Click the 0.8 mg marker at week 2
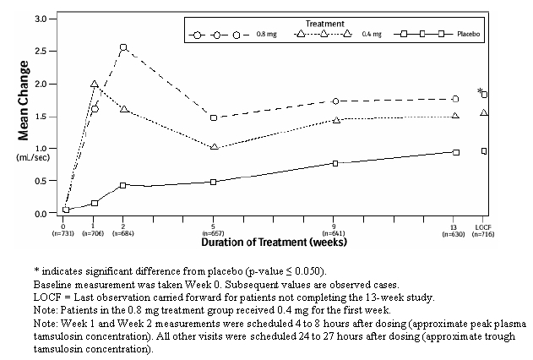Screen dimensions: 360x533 pyautogui.click(x=123, y=48)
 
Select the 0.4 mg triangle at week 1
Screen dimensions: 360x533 pyautogui.click(x=95, y=85)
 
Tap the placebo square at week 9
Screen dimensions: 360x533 pyautogui.click(x=335, y=163)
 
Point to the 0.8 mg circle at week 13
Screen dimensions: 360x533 pyautogui.click(x=455, y=99)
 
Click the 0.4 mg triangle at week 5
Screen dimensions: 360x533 pyautogui.click(x=214, y=147)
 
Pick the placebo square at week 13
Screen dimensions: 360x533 pyautogui.click(x=455, y=152)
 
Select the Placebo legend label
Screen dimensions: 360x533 pyautogui.click(x=468, y=35)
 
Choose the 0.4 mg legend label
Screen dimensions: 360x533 pyautogui.click(x=373, y=35)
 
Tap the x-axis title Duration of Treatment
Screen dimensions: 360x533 pyautogui.click(x=274, y=243)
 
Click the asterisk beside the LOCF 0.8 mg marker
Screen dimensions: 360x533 pyautogui.click(x=480, y=91)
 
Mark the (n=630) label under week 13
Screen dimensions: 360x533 pyautogui.click(x=455, y=233)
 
